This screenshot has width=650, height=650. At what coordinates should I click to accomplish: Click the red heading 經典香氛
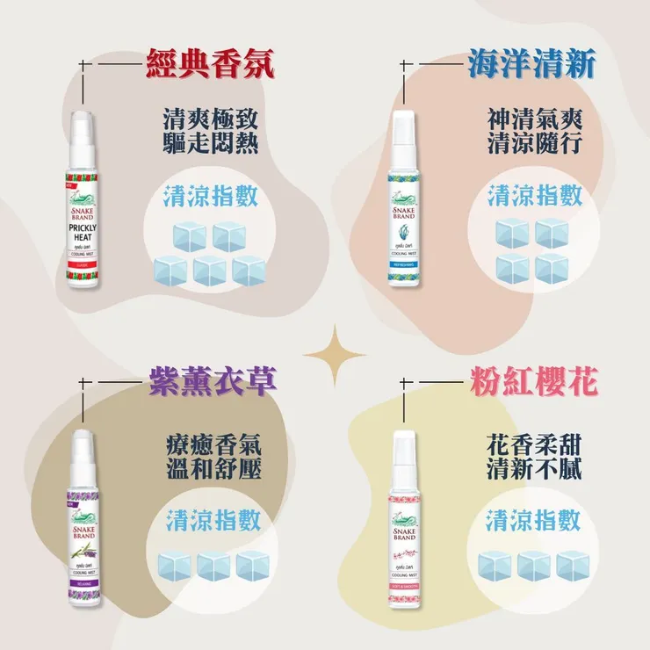point(209,65)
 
